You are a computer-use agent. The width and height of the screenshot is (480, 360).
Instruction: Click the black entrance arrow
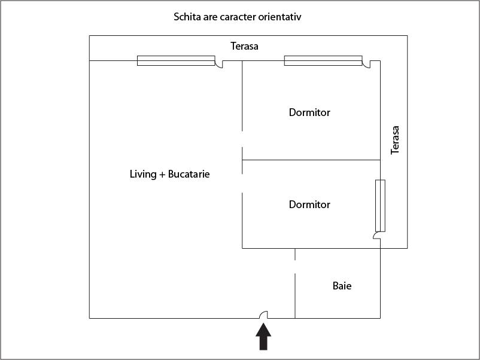point(263,337)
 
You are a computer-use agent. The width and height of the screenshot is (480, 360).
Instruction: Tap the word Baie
point(342,286)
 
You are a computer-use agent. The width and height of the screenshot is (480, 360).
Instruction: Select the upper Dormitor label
point(309,112)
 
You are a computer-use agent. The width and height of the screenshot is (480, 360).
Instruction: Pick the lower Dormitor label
point(309,205)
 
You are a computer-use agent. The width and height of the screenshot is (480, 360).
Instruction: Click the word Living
point(143,174)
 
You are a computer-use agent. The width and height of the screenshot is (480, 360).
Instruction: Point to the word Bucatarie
point(189,174)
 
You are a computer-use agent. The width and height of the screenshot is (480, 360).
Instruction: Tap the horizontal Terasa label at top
point(244,46)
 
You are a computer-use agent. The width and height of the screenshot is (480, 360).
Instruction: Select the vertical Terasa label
point(395,140)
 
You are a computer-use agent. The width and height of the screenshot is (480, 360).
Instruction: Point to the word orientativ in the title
point(280,17)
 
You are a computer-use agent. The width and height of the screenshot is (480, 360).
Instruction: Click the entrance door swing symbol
point(263,315)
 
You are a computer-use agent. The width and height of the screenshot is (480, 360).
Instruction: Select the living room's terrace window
point(176,60)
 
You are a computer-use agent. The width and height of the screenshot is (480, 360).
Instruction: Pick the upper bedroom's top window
point(323,60)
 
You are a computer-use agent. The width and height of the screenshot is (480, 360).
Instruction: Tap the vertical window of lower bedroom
point(380,206)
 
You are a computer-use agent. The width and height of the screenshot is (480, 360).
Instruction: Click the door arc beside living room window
point(219,64)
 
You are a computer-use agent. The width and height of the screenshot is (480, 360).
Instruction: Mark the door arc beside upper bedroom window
point(366,64)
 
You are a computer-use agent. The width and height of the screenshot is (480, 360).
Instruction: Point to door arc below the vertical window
point(377,235)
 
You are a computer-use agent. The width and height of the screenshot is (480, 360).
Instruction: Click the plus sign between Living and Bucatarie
point(162,175)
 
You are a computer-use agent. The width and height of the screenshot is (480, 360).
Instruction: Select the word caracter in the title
point(238,17)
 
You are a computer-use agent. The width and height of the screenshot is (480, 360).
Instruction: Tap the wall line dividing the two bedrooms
point(311,160)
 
